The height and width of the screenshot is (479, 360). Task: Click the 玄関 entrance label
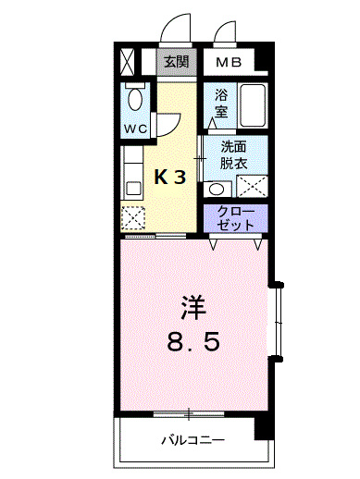(x=176, y=62)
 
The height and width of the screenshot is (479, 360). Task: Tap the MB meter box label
(x=229, y=63)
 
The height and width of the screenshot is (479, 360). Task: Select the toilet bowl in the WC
(x=135, y=98)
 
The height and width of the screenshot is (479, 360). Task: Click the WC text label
(x=135, y=129)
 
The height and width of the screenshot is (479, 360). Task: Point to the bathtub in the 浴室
(x=253, y=105)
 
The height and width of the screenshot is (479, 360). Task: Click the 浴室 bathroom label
(x=221, y=103)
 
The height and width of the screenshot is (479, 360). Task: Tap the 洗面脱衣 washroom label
(x=233, y=155)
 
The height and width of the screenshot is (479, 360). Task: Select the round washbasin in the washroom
(x=216, y=189)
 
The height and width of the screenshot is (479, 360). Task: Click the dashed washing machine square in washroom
(x=252, y=186)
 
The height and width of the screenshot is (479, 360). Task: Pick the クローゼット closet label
(x=236, y=218)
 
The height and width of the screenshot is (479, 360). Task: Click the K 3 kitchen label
(x=170, y=178)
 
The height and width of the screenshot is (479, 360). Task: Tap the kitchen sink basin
(x=133, y=189)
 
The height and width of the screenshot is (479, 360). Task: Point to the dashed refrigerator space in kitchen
(x=132, y=217)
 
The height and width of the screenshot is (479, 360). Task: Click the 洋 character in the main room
(x=193, y=308)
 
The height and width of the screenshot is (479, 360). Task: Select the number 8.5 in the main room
(x=193, y=341)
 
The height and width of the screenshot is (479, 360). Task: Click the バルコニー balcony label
(x=193, y=440)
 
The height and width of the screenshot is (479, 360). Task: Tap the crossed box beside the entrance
(x=127, y=62)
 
